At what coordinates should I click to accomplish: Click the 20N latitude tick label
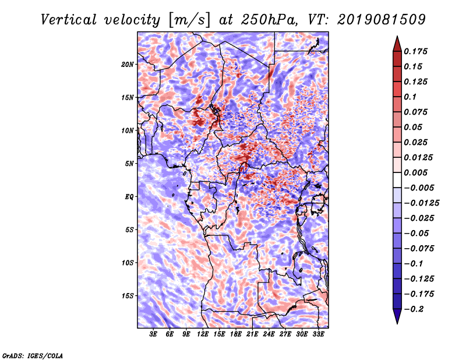(128, 65)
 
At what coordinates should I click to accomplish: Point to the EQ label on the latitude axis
(129, 197)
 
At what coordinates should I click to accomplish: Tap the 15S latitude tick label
(128, 296)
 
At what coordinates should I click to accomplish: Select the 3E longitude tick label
(153, 334)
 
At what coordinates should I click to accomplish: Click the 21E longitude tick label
(252, 334)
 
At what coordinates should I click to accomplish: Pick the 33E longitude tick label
(318, 334)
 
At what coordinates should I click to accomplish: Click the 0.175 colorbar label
(415, 51)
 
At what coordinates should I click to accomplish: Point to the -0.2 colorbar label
(414, 309)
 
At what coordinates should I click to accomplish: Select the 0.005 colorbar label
(415, 172)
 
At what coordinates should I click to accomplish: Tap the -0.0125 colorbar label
(421, 203)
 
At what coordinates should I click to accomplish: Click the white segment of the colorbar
(397, 180)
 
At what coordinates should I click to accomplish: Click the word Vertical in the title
(69, 20)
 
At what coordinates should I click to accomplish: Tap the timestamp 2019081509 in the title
(382, 20)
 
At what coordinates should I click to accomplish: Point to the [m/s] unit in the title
(189, 20)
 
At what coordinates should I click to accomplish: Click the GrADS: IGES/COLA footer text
(33, 356)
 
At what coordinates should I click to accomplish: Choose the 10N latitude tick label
(128, 130)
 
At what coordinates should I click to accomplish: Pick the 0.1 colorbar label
(410, 97)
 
